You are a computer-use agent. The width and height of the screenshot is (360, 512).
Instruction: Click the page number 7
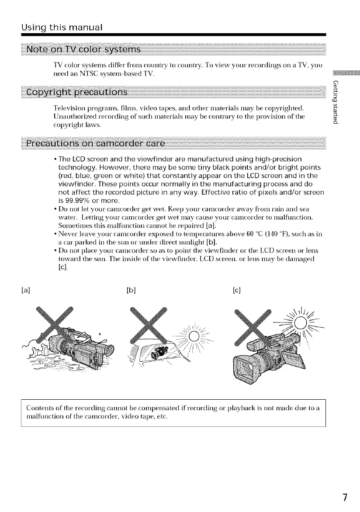(345, 498)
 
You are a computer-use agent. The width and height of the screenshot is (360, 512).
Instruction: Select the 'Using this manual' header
(62, 28)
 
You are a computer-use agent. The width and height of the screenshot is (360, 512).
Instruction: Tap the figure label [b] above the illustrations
(130, 289)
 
